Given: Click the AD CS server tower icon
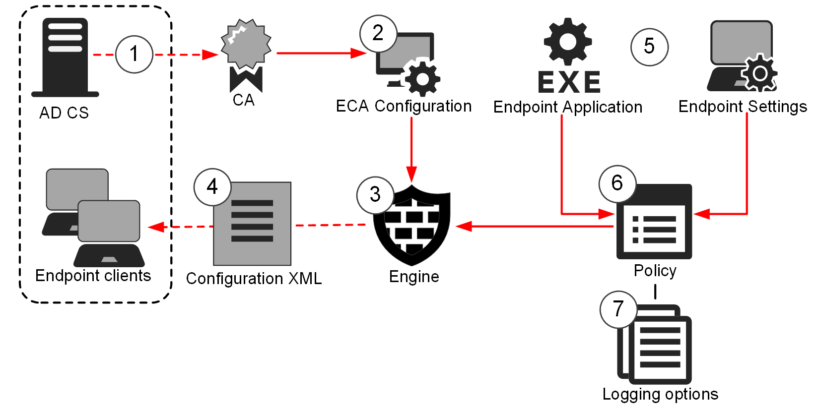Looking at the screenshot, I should (65, 57).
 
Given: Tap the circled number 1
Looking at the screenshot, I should (134, 54).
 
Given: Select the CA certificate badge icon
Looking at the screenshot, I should (246, 55).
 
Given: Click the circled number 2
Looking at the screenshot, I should (378, 33).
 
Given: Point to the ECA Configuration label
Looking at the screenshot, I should (404, 106).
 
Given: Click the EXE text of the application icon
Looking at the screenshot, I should (569, 82).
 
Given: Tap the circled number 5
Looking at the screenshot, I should (649, 47).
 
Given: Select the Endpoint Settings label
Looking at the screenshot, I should (743, 107).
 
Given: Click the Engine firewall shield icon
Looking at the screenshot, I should (412, 226).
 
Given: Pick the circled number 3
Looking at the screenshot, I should (375, 194).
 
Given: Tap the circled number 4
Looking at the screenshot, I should (212, 187).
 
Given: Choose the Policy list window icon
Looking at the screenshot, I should (654, 223).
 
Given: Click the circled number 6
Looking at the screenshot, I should (617, 183).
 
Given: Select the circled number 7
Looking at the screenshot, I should (618, 309).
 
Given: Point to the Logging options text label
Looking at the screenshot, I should (660, 394).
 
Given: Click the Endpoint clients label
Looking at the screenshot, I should (93, 276).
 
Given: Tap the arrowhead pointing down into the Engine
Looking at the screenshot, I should (411, 175).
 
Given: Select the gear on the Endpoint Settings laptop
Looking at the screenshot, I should (759, 74).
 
